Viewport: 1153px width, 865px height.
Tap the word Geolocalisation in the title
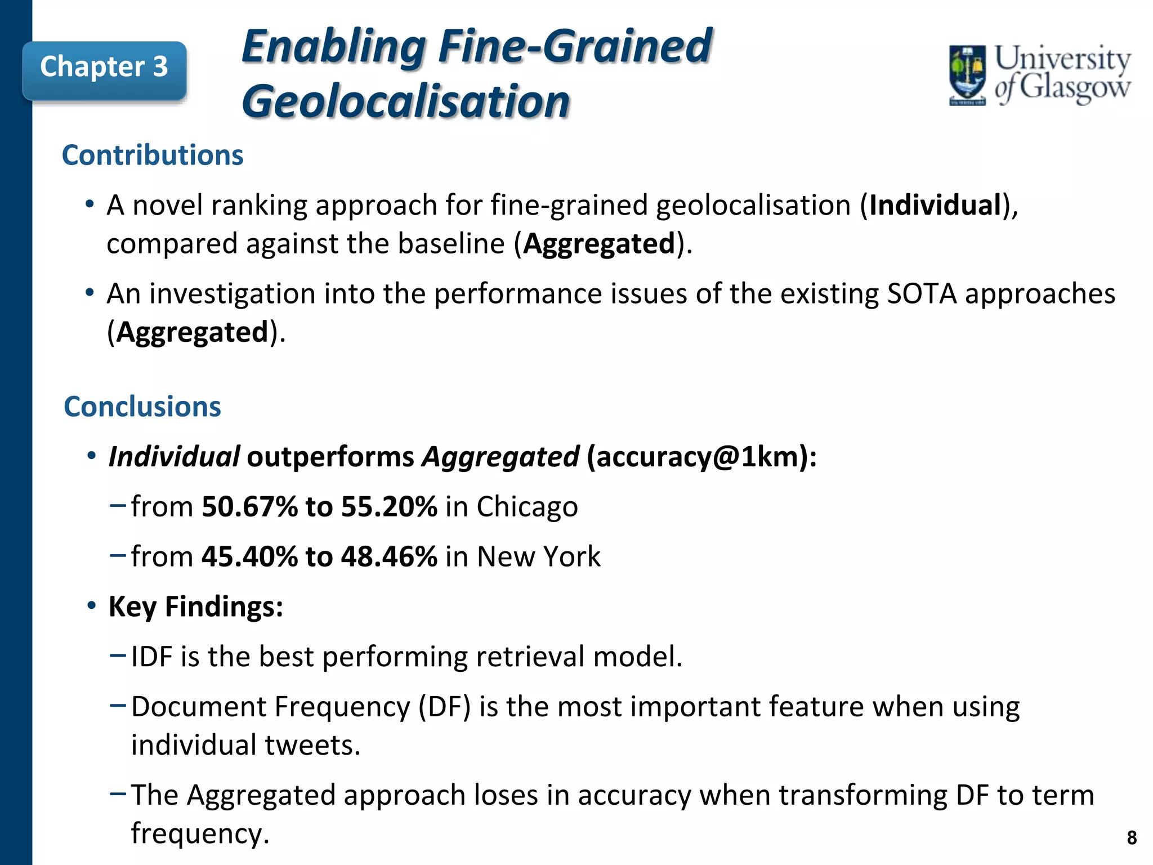click(405, 102)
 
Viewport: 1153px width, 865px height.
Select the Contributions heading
click(153, 155)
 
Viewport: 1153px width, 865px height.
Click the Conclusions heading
click(142, 407)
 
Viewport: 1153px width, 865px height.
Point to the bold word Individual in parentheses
click(935, 205)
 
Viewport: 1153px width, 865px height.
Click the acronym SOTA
click(922, 294)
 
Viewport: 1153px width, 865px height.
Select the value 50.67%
click(249, 506)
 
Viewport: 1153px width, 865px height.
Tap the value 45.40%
click(249, 556)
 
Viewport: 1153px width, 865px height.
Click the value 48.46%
click(389, 556)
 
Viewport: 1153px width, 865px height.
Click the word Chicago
click(527, 506)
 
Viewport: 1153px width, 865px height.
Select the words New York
click(539, 556)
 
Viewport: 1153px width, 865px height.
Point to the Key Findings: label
click(195, 607)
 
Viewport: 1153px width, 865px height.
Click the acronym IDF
click(151, 657)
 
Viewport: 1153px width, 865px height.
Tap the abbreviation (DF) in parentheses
click(444, 707)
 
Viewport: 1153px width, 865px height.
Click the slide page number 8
click(1132, 838)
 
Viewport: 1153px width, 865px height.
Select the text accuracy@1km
click(698, 457)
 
